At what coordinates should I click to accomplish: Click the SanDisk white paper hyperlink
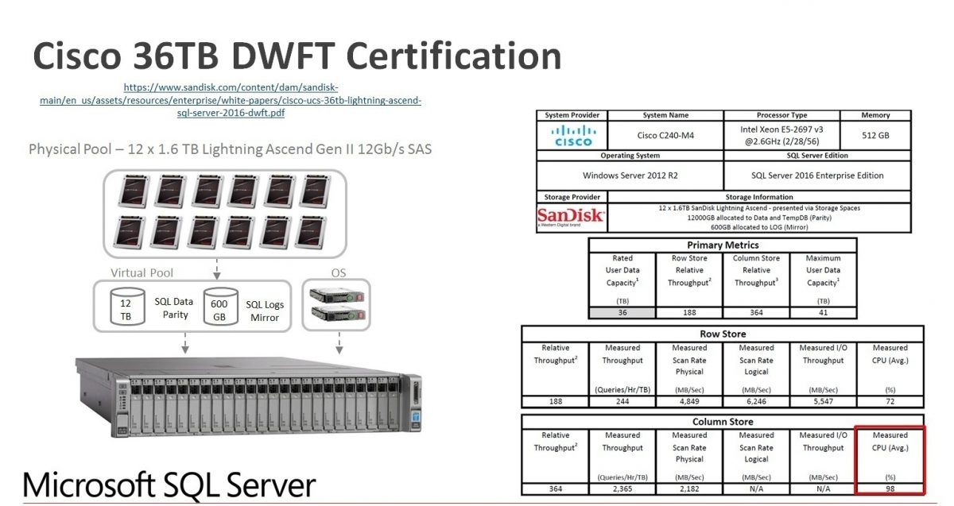231,100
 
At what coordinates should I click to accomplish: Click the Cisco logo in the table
572,135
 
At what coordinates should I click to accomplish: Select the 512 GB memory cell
875,135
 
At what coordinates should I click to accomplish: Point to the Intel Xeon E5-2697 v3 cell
781,134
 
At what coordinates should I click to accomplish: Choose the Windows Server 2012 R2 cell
630,175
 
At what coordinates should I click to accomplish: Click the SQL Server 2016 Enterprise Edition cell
816,175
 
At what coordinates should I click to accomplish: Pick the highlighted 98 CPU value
890,488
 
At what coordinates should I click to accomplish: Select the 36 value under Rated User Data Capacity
622,312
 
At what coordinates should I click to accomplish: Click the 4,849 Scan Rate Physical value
689,400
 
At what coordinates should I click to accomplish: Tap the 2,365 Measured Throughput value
622,488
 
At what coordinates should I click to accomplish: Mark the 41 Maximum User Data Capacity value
823,312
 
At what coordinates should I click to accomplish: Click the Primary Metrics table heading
723,245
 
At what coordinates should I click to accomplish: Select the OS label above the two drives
338,272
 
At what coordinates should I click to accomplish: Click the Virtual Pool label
142,272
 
